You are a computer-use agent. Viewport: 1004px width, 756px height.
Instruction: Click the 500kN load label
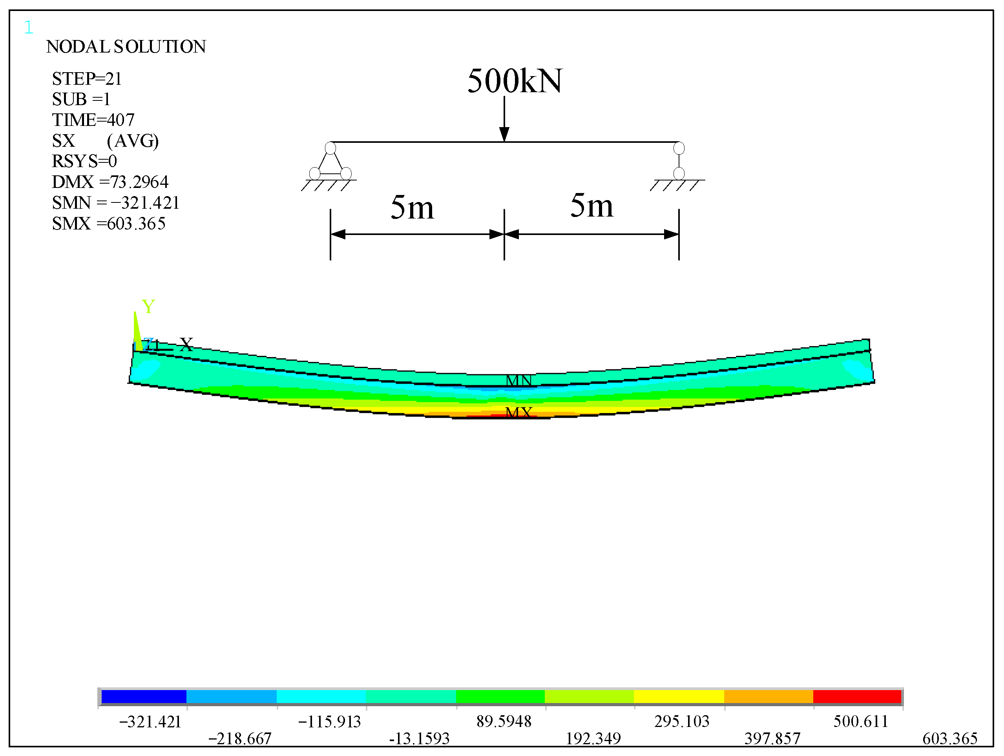pos(515,81)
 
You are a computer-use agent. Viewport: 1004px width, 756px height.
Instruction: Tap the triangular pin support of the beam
pos(330,162)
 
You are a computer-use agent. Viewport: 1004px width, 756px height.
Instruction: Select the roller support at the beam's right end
pos(679,162)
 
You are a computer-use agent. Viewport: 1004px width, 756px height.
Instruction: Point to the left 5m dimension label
pos(412,208)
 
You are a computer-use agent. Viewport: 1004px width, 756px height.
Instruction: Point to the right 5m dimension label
pos(591,206)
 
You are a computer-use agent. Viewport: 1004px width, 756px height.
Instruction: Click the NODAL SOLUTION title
pos(126,47)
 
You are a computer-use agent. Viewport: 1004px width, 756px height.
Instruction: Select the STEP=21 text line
pos(87,79)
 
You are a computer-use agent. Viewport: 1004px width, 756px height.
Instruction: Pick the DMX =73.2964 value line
pos(110,182)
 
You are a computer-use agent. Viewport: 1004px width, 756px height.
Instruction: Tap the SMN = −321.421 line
pos(116,203)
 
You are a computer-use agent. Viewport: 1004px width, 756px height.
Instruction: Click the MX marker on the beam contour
pos(518,412)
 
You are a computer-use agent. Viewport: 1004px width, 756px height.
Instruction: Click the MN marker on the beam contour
pos(518,380)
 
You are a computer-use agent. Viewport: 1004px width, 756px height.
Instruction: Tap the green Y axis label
pos(148,307)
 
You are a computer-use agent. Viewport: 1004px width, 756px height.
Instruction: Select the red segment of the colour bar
pos(857,696)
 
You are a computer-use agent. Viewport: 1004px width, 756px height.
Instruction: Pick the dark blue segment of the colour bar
pos(144,696)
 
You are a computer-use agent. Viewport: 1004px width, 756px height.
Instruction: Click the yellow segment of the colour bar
pos(679,696)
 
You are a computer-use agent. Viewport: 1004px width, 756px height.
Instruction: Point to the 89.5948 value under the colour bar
pos(504,721)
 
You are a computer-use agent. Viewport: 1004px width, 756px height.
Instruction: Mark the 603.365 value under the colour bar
pos(949,739)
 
